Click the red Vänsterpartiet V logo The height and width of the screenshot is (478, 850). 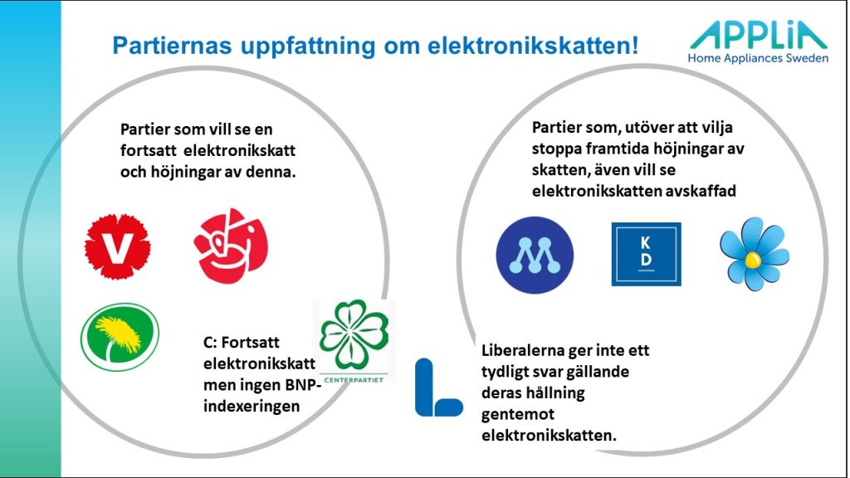[118, 246]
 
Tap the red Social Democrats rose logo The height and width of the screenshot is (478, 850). [232, 246]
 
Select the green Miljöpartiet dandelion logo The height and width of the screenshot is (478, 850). [120, 337]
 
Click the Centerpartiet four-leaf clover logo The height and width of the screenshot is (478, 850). [354, 341]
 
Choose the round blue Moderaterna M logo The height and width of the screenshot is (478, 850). [535, 256]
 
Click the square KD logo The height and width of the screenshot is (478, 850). [646, 254]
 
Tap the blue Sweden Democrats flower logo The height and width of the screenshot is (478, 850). [754, 254]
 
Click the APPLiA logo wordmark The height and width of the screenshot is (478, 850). [759, 35]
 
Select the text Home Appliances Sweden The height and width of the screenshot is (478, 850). [758, 58]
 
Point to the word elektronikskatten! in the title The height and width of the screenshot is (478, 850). [533, 46]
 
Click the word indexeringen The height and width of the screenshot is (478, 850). [252, 406]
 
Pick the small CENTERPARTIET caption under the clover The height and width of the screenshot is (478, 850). [354, 380]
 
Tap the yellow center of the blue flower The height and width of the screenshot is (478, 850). [752, 260]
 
